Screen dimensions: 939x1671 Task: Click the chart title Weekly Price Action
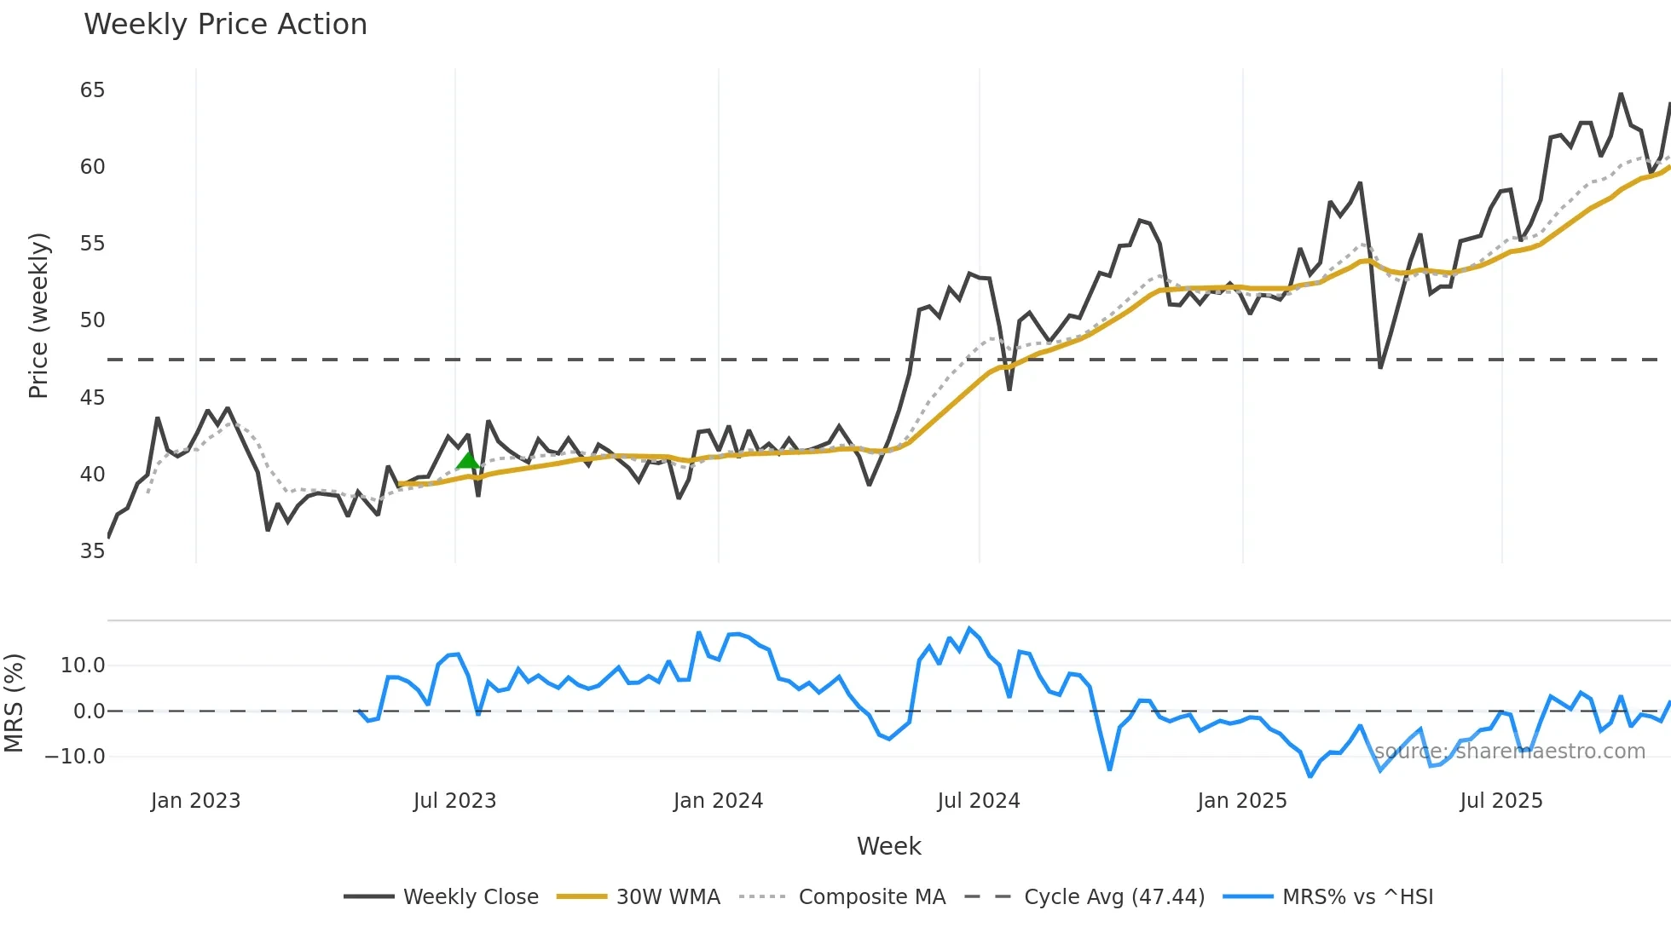pyautogui.click(x=225, y=25)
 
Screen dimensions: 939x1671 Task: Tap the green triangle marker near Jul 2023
pyautogui.click(x=467, y=461)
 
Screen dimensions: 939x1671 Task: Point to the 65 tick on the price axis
pyautogui.click(x=92, y=90)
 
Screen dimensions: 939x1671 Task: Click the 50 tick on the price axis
pyautogui.click(x=92, y=320)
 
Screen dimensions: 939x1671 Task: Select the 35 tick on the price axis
pyautogui.click(x=92, y=551)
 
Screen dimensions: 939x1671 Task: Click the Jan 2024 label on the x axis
pyautogui.click(x=718, y=801)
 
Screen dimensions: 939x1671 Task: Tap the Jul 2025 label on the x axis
pyautogui.click(x=1500, y=801)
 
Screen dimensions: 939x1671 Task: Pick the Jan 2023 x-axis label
pyautogui.click(x=195, y=801)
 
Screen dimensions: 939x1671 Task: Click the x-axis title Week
pyautogui.click(x=888, y=846)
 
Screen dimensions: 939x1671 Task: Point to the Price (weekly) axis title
pyautogui.click(x=39, y=315)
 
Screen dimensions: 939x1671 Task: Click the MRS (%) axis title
pyautogui.click(x=14, y=703)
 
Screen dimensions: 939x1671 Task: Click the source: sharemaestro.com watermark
pyautogui.click(x=1509, y=752)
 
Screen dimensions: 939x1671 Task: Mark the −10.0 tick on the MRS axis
pyautogui.click(x=75, y=757)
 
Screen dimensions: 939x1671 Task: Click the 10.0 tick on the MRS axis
pyautogui.click(x=82, y=665)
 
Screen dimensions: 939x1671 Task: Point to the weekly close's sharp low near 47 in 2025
pyautogui.click(x=1380, y=366)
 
